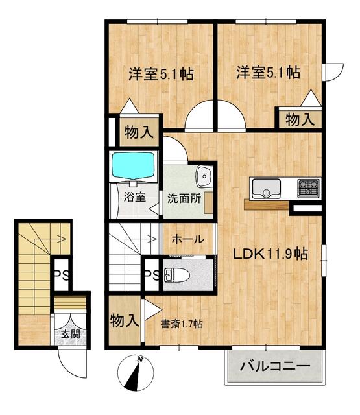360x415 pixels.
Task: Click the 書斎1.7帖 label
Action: [x=182, y=323]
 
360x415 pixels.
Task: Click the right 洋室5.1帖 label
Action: [x=268, y=73]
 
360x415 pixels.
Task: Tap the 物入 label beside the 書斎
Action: [x=124, y=320]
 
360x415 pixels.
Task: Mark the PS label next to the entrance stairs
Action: [x=62, y=274]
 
